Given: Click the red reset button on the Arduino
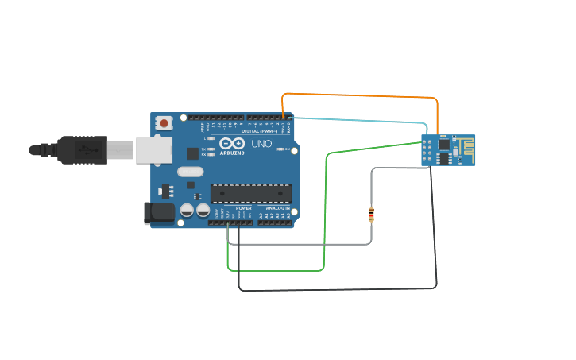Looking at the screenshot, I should pyautogui.click(x=164, y=122).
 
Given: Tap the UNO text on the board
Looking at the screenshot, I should pyautogui.click(x=261, y=145).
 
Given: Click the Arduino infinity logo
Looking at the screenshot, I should pyautogui.click(x=232, y=144).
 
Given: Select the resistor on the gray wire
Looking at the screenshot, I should pyautogui.click(x=371, y=214).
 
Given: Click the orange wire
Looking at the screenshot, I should pyautogui.click(x=358, y=95).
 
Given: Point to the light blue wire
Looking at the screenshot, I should pyautogui.click(x=358, y=121).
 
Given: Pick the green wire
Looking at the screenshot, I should pyautogui.click(x=325, y=215).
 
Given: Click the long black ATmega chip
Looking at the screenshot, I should pyautogui.click(x=250, y=193).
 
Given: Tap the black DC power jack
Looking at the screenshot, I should pyautogui.click(x=158, y=212).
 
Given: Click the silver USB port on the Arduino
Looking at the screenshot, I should pyautogui.click(x=153, y=149).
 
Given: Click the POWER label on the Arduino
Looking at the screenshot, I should pyautogui.click(x=243, y=208).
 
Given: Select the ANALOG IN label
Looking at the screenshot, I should pyautogui.click(x=277, y=208).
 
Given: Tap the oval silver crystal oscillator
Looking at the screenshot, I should pyautogui.click(x=191, y=171).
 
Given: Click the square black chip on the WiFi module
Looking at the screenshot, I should pyautogui.click(x=443, y=145).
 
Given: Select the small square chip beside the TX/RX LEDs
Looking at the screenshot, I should pyautogui.click(x=192, y=153).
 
